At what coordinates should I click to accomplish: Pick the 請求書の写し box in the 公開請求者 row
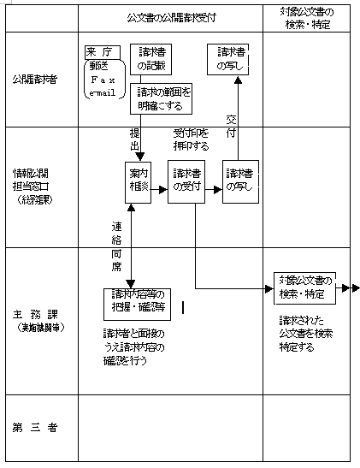tap(230, 57)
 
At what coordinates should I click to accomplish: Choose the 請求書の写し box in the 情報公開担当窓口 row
tap(239, 179)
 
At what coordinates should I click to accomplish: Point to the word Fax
tap(103, 79)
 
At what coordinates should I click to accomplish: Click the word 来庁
tap(100, 51)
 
